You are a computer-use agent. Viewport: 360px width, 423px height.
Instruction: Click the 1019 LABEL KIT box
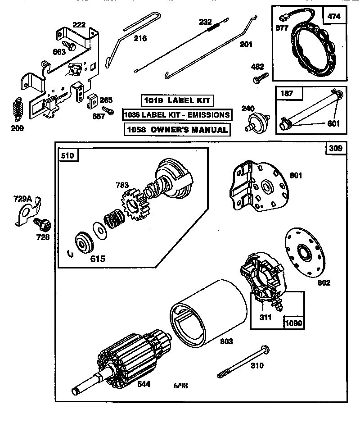176,100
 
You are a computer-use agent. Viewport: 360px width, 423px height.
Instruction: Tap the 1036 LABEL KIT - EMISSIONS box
177,115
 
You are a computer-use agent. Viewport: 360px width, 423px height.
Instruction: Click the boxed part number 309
335,148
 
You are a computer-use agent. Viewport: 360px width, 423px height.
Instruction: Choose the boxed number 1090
293,323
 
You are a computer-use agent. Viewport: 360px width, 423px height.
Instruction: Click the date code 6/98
181,385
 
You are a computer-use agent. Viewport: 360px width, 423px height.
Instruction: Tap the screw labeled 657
108,110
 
